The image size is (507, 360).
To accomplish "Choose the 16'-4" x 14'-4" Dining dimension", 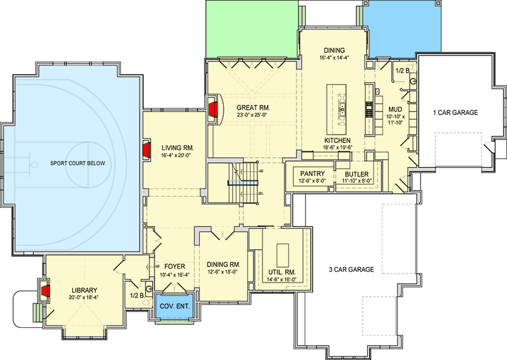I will click(334, 58).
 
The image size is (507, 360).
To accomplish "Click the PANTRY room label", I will click(312, 173).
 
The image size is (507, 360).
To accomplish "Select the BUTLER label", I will click(357, 173).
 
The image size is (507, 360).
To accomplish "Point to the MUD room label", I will click(395, 109).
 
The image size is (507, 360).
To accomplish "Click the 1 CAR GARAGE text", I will click(456, 112).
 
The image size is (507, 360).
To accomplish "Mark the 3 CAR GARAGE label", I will click(351, 269).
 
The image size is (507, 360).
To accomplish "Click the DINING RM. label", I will click(223, 264).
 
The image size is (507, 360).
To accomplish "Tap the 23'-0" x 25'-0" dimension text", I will click(254, 116).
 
